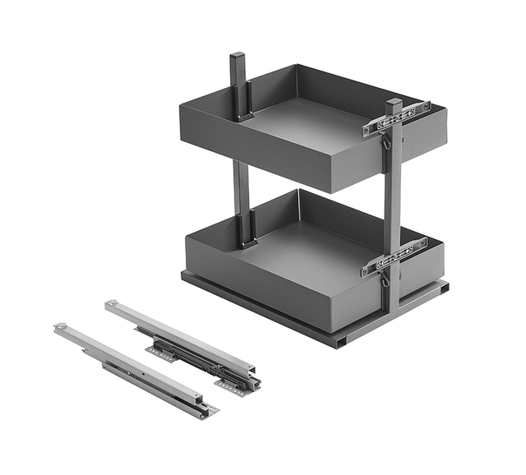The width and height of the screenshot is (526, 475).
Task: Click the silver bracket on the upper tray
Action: click(x=397, y=118)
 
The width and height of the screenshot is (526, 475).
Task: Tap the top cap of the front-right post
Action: click(x=394, y=104)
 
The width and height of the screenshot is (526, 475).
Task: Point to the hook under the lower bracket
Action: click(x=383, y=279)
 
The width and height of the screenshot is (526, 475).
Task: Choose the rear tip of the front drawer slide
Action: click(x=60, y=327)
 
